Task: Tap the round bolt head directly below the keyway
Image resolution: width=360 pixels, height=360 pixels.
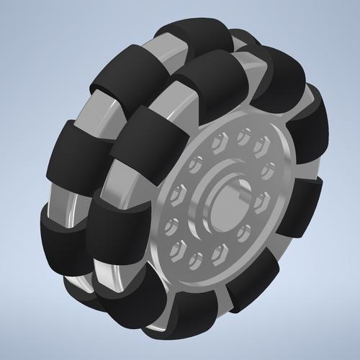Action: [x=245, y=230]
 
